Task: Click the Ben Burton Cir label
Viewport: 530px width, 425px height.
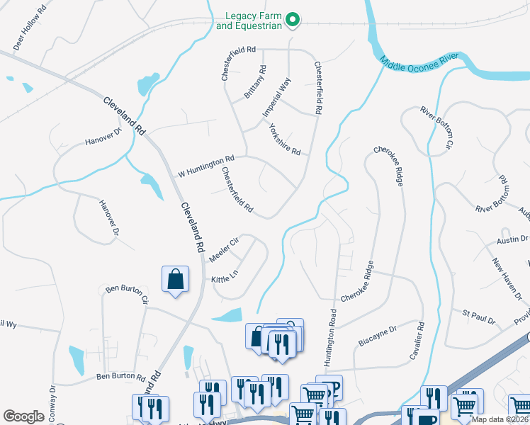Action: pyautogui.click(x=127, y=293)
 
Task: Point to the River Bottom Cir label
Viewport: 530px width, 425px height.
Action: pyautogui.click(x=435, y=128)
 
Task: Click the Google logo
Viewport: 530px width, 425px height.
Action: pyautogui.click(x=23, y=416)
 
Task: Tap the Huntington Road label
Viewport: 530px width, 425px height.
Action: pyautogui.click(x=329, y=337)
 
